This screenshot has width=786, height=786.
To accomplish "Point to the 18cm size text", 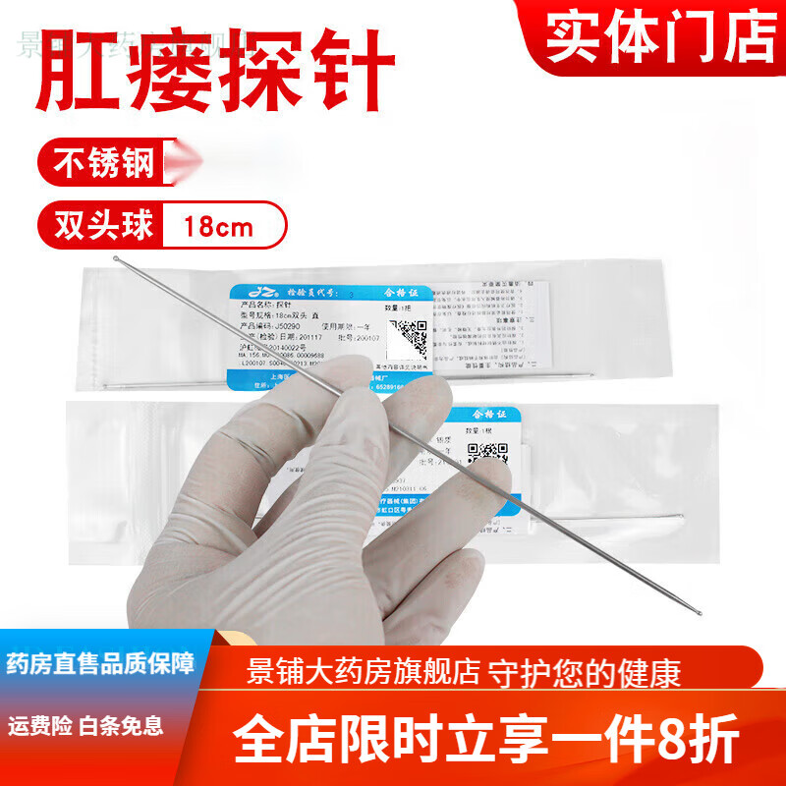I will (219, 228).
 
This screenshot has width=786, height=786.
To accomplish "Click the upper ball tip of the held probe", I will (117, 259).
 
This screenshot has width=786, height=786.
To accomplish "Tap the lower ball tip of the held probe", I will (701, 615).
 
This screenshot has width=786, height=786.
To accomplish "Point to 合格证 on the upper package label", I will (403, 292).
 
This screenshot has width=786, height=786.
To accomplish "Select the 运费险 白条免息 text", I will (85, 727).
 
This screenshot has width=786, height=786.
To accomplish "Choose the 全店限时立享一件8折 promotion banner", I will (484, 742).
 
